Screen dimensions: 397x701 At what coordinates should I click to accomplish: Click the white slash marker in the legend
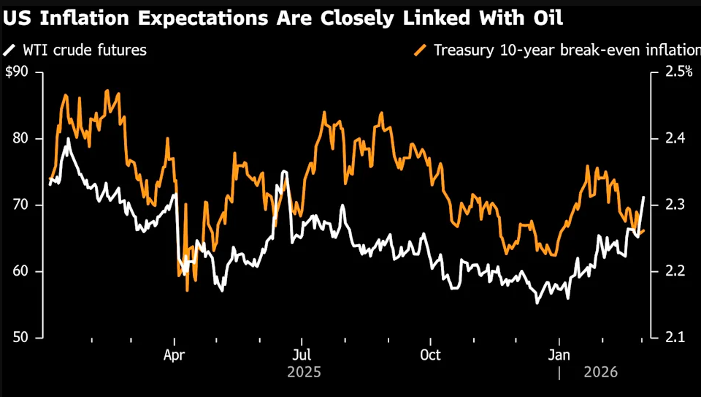[9, 50]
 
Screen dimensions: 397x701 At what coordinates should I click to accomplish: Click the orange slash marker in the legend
[421, 50]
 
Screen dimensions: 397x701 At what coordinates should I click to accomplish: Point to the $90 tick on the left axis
[18, 72]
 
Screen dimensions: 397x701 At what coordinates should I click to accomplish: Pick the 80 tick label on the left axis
[21, 138]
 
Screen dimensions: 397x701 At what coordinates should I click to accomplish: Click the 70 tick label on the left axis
[21, 205]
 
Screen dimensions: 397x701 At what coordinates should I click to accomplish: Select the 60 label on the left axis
[21, 271]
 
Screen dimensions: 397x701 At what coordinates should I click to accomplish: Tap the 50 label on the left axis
[21, 338]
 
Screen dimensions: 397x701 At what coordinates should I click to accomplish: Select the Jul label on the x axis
[302, 355]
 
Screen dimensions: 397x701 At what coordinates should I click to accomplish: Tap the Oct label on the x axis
[430, 355]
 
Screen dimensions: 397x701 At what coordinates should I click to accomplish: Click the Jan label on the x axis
[560, 355]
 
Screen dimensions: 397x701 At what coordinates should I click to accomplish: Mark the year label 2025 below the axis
[304, 372]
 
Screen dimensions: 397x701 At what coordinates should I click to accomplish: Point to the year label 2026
[600, 372]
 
